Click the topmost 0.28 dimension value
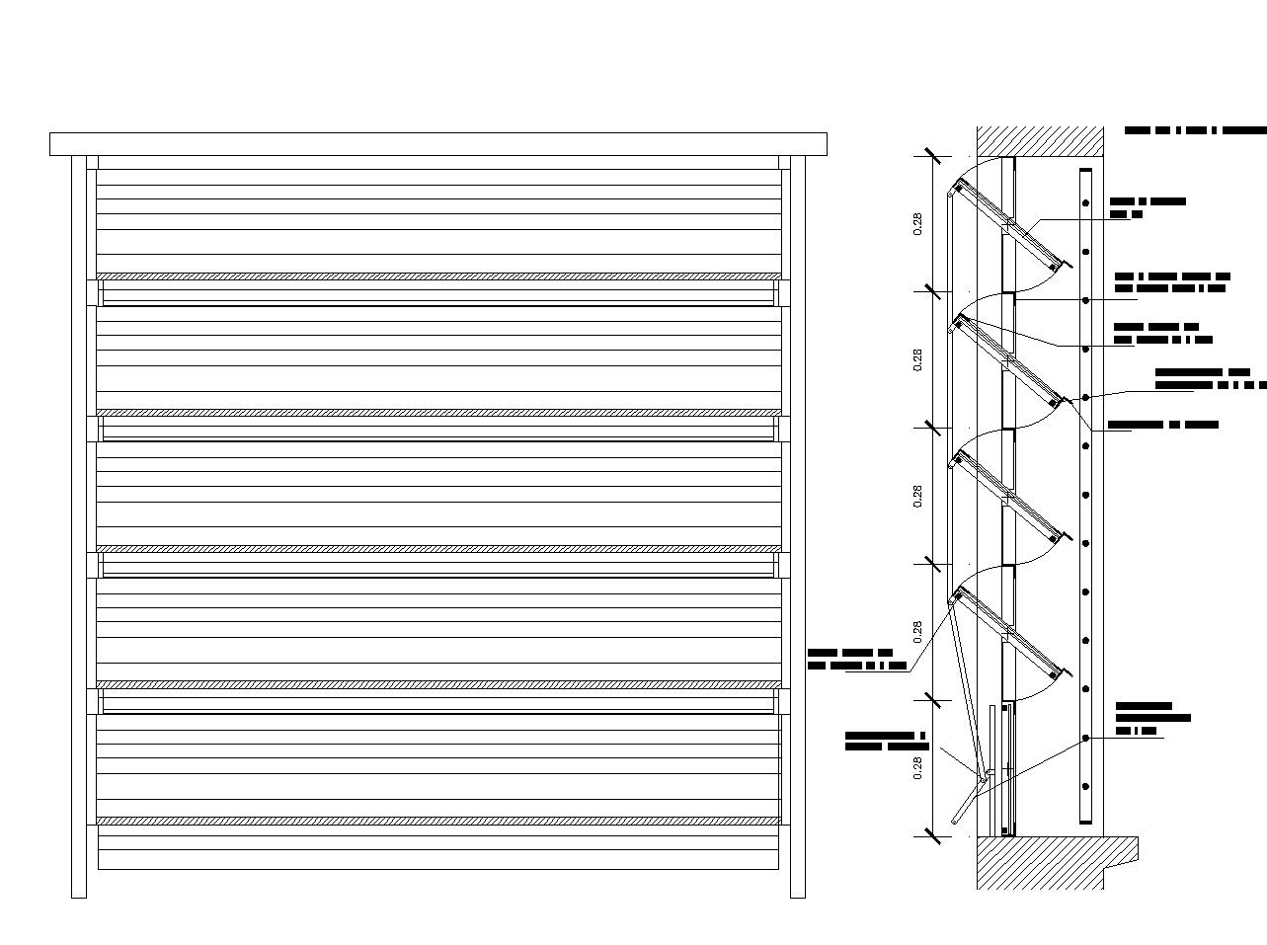(x=918, y=224)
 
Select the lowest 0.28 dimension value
(x=918, y=768)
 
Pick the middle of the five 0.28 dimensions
(x=918, y=497)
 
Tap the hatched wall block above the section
(x=1040, y=140)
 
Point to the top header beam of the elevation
(x=438, y=144)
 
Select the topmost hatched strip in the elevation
(x=438, y=276)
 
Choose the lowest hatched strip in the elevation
(x=438, y=821)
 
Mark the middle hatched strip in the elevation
(x=438, y=548)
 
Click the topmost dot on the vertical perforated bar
(x=1085, y=203)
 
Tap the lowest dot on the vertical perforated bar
(x=1085, y=787)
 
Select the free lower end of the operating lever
(x=955, y=820)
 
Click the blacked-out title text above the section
(x=1195, y=130)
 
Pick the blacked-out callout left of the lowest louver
(x=856, y=660)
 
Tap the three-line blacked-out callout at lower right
(x=1151, y=719)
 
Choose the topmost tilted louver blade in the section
(x=1007, y=224)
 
